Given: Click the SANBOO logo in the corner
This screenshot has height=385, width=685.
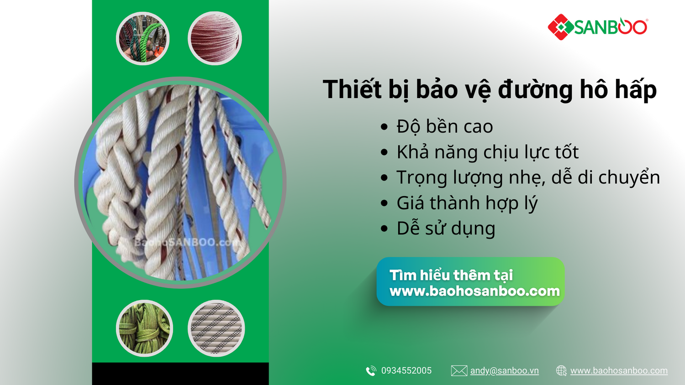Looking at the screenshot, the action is point(597,27).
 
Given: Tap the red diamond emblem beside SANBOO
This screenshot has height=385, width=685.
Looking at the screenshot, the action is point(560,27).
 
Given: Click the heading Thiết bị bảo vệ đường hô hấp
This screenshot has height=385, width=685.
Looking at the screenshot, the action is point(490,90).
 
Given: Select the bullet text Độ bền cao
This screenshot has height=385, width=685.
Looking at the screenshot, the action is point(445,126).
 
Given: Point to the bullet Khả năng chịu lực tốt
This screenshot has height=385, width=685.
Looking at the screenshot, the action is point(487,152).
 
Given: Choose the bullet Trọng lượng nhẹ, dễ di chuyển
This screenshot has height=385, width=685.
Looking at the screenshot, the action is point(528,177).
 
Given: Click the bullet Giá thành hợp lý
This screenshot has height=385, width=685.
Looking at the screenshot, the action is point(467,203).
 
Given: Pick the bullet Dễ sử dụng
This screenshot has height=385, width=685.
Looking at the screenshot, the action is point(446,229).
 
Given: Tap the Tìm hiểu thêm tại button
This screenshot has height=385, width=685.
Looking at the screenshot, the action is point(470,281).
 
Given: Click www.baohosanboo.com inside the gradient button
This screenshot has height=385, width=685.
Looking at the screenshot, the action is point(474,291).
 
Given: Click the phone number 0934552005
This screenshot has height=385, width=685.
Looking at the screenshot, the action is point(406,371).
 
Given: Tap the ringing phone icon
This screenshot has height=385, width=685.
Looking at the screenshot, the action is point(371,371).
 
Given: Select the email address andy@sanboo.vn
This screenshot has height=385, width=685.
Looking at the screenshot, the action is point(504,371).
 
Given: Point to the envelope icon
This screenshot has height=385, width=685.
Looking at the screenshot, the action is point(459,371).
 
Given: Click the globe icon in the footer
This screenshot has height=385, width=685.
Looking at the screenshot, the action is point(561,371).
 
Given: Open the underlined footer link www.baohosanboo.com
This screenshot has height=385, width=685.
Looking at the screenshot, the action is point(619,371).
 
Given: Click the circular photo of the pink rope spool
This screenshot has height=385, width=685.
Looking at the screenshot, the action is point(215,38).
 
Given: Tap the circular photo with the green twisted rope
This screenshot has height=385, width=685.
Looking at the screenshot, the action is point(143,38).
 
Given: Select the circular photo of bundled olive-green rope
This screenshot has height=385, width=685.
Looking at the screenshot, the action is point(144,328).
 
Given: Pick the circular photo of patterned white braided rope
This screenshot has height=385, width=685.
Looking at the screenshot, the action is point(216,328).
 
